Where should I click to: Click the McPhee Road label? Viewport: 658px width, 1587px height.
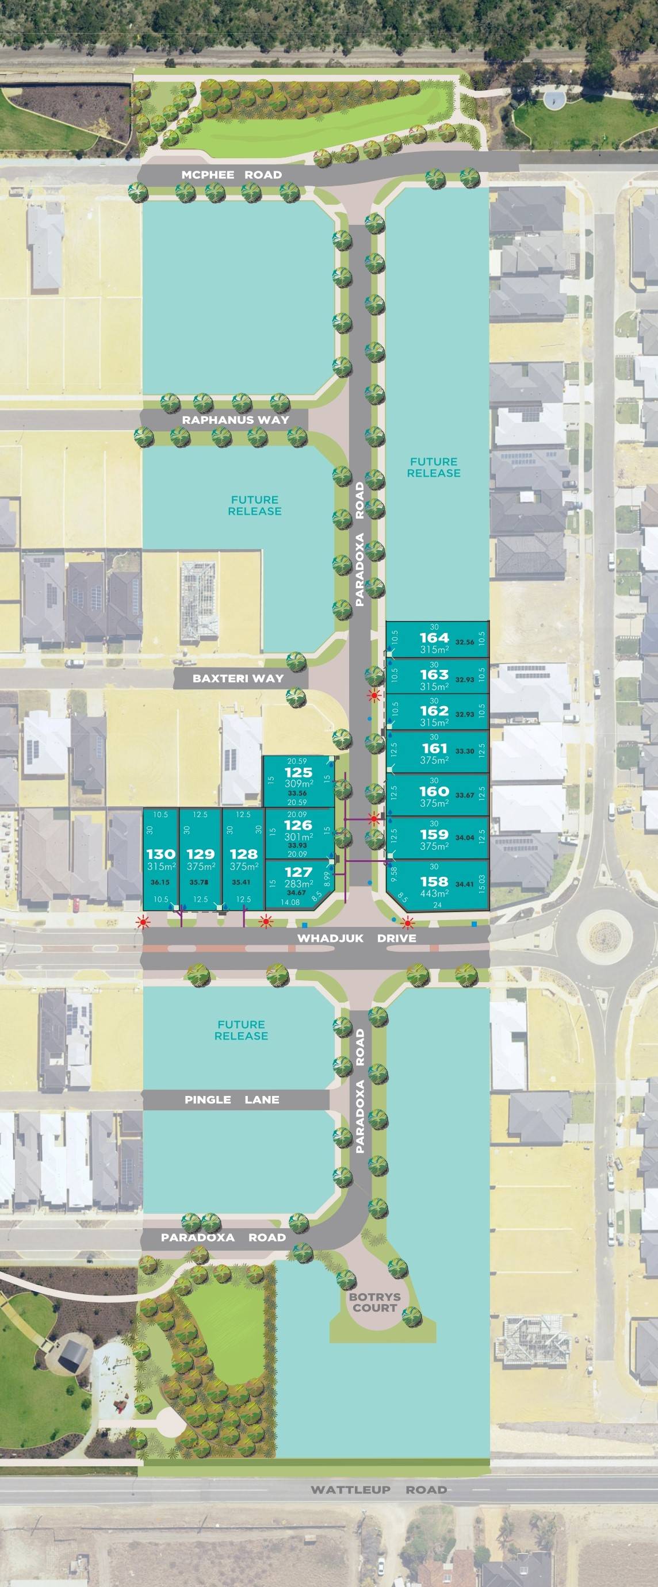coord(231,175)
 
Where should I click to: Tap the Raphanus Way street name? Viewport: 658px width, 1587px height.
coord(235,420)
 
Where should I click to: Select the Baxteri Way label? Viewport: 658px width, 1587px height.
coord(238,678)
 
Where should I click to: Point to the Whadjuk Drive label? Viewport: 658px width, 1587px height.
coord(357,938)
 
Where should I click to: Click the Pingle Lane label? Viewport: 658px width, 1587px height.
coord(232,1099)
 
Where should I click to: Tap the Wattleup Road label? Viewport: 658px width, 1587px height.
coord(378,1490)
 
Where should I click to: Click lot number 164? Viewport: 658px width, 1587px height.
coord(434,638)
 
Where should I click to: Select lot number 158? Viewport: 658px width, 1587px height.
coord(434,881)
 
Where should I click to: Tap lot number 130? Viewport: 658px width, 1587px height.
coord(161,854)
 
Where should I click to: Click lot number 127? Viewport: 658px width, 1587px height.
coord(298,872)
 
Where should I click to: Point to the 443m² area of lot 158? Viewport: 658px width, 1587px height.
coord(434,894)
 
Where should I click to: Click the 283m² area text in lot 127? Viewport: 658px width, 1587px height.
coord(298,883)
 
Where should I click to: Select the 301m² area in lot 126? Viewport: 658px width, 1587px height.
coord(298,837)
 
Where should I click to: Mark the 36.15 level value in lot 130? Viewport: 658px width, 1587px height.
coord(159,882)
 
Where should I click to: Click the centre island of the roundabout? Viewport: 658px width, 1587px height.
coord(606,937)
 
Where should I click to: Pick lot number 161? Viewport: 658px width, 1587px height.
coord(434,748)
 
